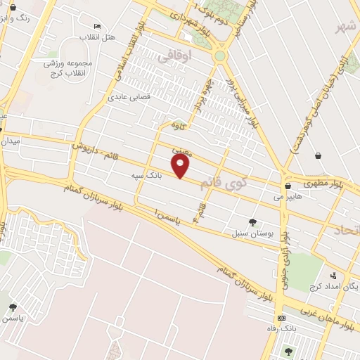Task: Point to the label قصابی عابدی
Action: pos(129,97)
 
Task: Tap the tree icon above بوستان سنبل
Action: pos(252,223)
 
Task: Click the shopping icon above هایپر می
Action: pos(289,186)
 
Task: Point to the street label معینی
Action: pos(180,150)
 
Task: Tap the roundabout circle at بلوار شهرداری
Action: pos(220,55)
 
